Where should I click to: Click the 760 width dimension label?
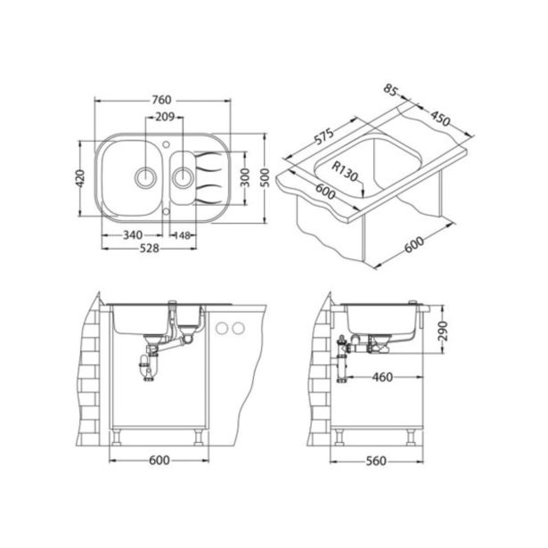pyautogui.click(x=161, y=101)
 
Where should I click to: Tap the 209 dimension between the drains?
pyautogui.click(x=165, y=117)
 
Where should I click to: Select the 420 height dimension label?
pyautogui.click(x=80, y=178)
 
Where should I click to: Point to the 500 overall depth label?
pyautogui.click(x=266, y=177)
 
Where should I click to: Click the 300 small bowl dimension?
pyautogui.click(x=245, y=177)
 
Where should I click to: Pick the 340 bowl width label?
pyautogui.click(x=133, y=235)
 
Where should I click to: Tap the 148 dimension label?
pyautogui.click(x=182, y=235)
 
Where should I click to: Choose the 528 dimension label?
pyautogui.click(x=149, y=248)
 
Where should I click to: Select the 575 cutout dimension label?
pyautogui.click(x=323, y=135)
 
